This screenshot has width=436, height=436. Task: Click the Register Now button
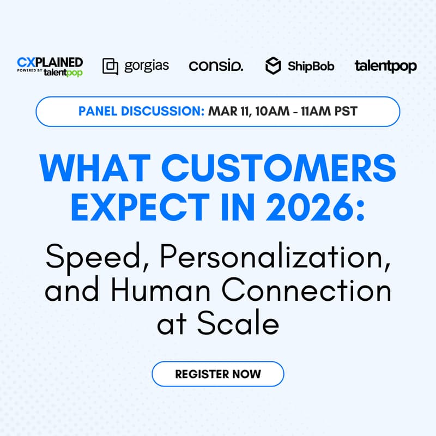pos(218,374)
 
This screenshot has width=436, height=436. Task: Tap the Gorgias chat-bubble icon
pos(110,66)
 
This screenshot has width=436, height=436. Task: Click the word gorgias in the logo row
pos(147,66)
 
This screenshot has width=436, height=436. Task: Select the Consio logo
pos(216,66)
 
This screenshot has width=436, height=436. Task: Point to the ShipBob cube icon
pos(273,66)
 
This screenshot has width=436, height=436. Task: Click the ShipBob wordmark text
pos(311,66)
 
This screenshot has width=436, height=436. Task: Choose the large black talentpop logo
pos(385,66)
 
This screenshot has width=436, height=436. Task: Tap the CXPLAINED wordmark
pos(50,61)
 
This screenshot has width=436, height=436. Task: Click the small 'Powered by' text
pos(29,71)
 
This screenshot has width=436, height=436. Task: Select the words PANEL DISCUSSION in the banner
pos(141,111)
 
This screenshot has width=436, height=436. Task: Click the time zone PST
pos(346,111)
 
